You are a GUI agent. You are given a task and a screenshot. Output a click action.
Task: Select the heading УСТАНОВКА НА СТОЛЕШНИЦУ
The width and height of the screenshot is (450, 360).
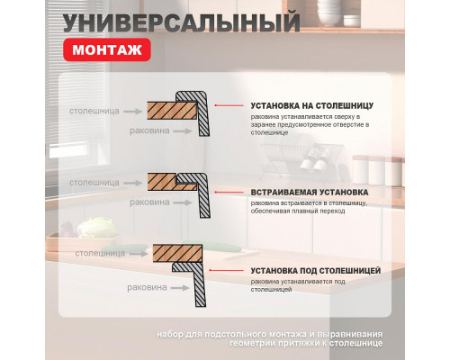click(313, 105)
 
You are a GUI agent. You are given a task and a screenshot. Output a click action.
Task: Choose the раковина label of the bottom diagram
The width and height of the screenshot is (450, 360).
click(146, 288)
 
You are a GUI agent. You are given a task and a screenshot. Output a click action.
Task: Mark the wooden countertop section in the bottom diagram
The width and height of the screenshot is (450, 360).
click(175, 253)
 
